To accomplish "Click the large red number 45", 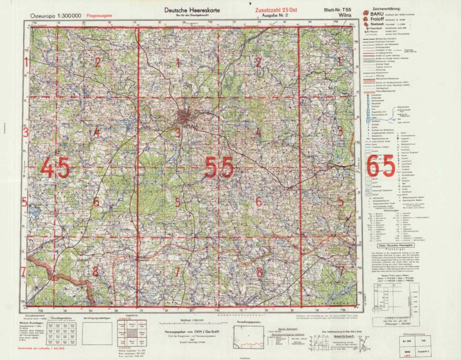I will point(55,167).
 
